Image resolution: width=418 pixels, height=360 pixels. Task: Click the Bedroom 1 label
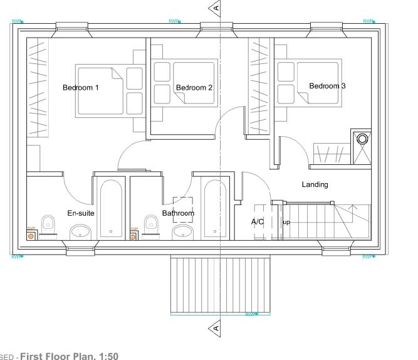[x=80, y=88]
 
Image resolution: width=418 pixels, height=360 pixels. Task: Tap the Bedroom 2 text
[x=194, y=88]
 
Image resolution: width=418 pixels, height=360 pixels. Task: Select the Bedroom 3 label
[x=327, y=86]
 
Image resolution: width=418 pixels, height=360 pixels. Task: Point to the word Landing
[x=315, y=184]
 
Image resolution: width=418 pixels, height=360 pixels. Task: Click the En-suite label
[x=81, y=213]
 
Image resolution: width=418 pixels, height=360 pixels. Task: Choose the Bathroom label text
[x=178, y=213]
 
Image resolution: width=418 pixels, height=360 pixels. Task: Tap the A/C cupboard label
[x=258, y=222]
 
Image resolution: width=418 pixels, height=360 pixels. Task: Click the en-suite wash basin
[x=80, y=233]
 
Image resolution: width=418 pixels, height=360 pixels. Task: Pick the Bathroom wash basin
[x=182, y=233]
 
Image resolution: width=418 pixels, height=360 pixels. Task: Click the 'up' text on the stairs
[x=286, y=223]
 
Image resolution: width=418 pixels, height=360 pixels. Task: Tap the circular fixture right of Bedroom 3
[x=362, y=139]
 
